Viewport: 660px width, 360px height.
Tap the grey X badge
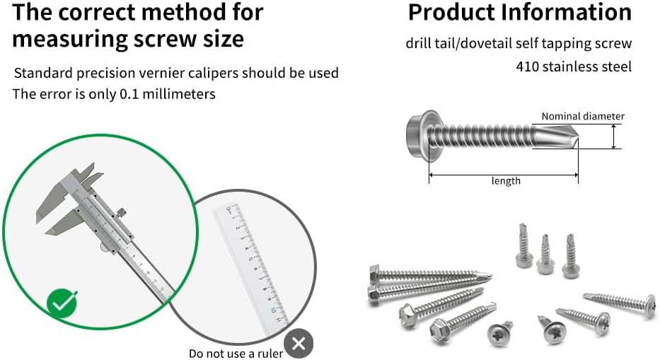pos(299,344)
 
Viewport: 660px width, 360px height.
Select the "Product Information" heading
pos(519,12)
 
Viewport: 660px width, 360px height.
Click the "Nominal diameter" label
pos(583,116)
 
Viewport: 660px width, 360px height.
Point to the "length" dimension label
pos(506,181)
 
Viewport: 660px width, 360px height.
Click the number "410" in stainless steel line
pos(527,66)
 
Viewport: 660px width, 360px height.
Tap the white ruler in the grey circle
pos(255,262)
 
